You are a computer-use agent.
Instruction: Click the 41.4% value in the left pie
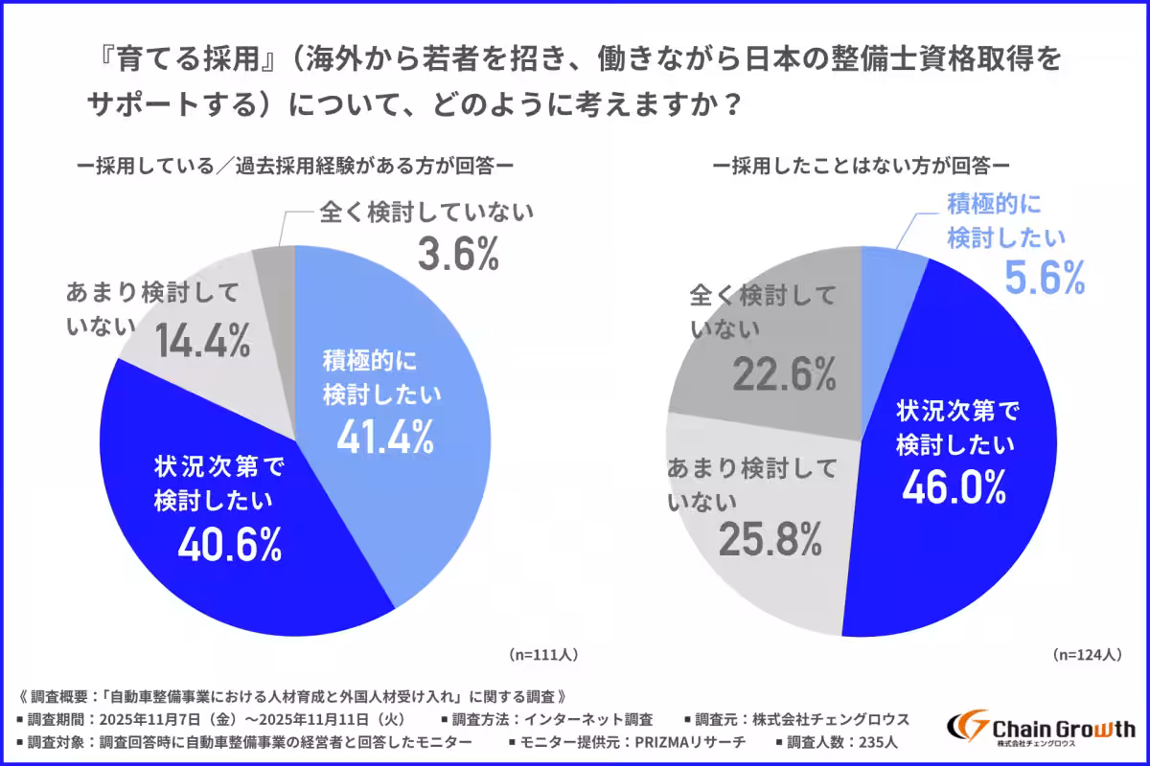384,437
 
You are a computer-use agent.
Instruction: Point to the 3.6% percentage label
458,253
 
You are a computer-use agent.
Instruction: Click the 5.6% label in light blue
1044,277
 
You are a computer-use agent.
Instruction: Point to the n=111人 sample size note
542,655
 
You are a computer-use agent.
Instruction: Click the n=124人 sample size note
1086,655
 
